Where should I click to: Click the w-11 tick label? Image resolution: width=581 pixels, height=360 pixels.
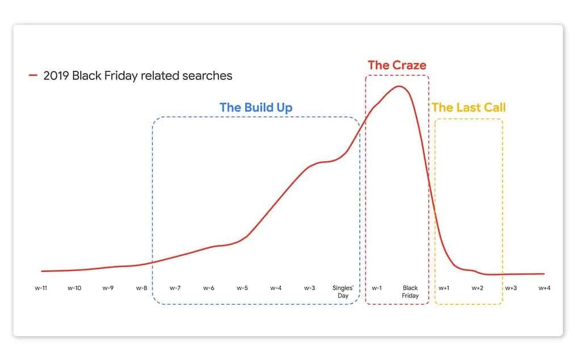tap(41, 288)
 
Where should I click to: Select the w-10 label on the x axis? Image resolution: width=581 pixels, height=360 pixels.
tap(74, 288)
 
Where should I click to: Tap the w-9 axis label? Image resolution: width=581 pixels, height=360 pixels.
tap(108, 288)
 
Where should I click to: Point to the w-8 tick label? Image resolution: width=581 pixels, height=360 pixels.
tap(141, 288)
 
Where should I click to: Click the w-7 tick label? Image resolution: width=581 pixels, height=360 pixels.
tap(175, 288)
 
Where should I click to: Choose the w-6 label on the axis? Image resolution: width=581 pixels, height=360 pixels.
tap(209, 288)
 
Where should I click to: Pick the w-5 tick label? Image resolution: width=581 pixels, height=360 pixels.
tap(242, 288)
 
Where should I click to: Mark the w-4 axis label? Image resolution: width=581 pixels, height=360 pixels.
tap(276, 288)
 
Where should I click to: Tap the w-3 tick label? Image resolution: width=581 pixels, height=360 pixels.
tap(309, 288)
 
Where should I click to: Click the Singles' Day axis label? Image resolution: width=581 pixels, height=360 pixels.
tap(343, 292)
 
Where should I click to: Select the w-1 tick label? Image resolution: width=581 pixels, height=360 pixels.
tap(377, 288)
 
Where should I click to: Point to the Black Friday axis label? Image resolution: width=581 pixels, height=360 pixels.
tap(410, 292)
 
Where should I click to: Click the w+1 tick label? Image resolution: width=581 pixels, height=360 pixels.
tap(444, 288)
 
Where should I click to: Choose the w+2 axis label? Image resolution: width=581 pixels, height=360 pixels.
tap(477, 288)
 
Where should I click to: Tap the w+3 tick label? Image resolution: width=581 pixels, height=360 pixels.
tap(511, 288)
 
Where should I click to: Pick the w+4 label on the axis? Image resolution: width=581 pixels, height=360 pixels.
tap(544, 288)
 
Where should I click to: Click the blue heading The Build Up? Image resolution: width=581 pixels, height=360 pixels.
tap(256, 108)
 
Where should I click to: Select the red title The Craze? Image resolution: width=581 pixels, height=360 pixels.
tap(397, 65)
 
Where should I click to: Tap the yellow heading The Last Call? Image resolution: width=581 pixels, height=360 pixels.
tap(468, 107)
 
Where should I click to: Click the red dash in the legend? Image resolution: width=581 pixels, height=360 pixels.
tap(33, 75)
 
